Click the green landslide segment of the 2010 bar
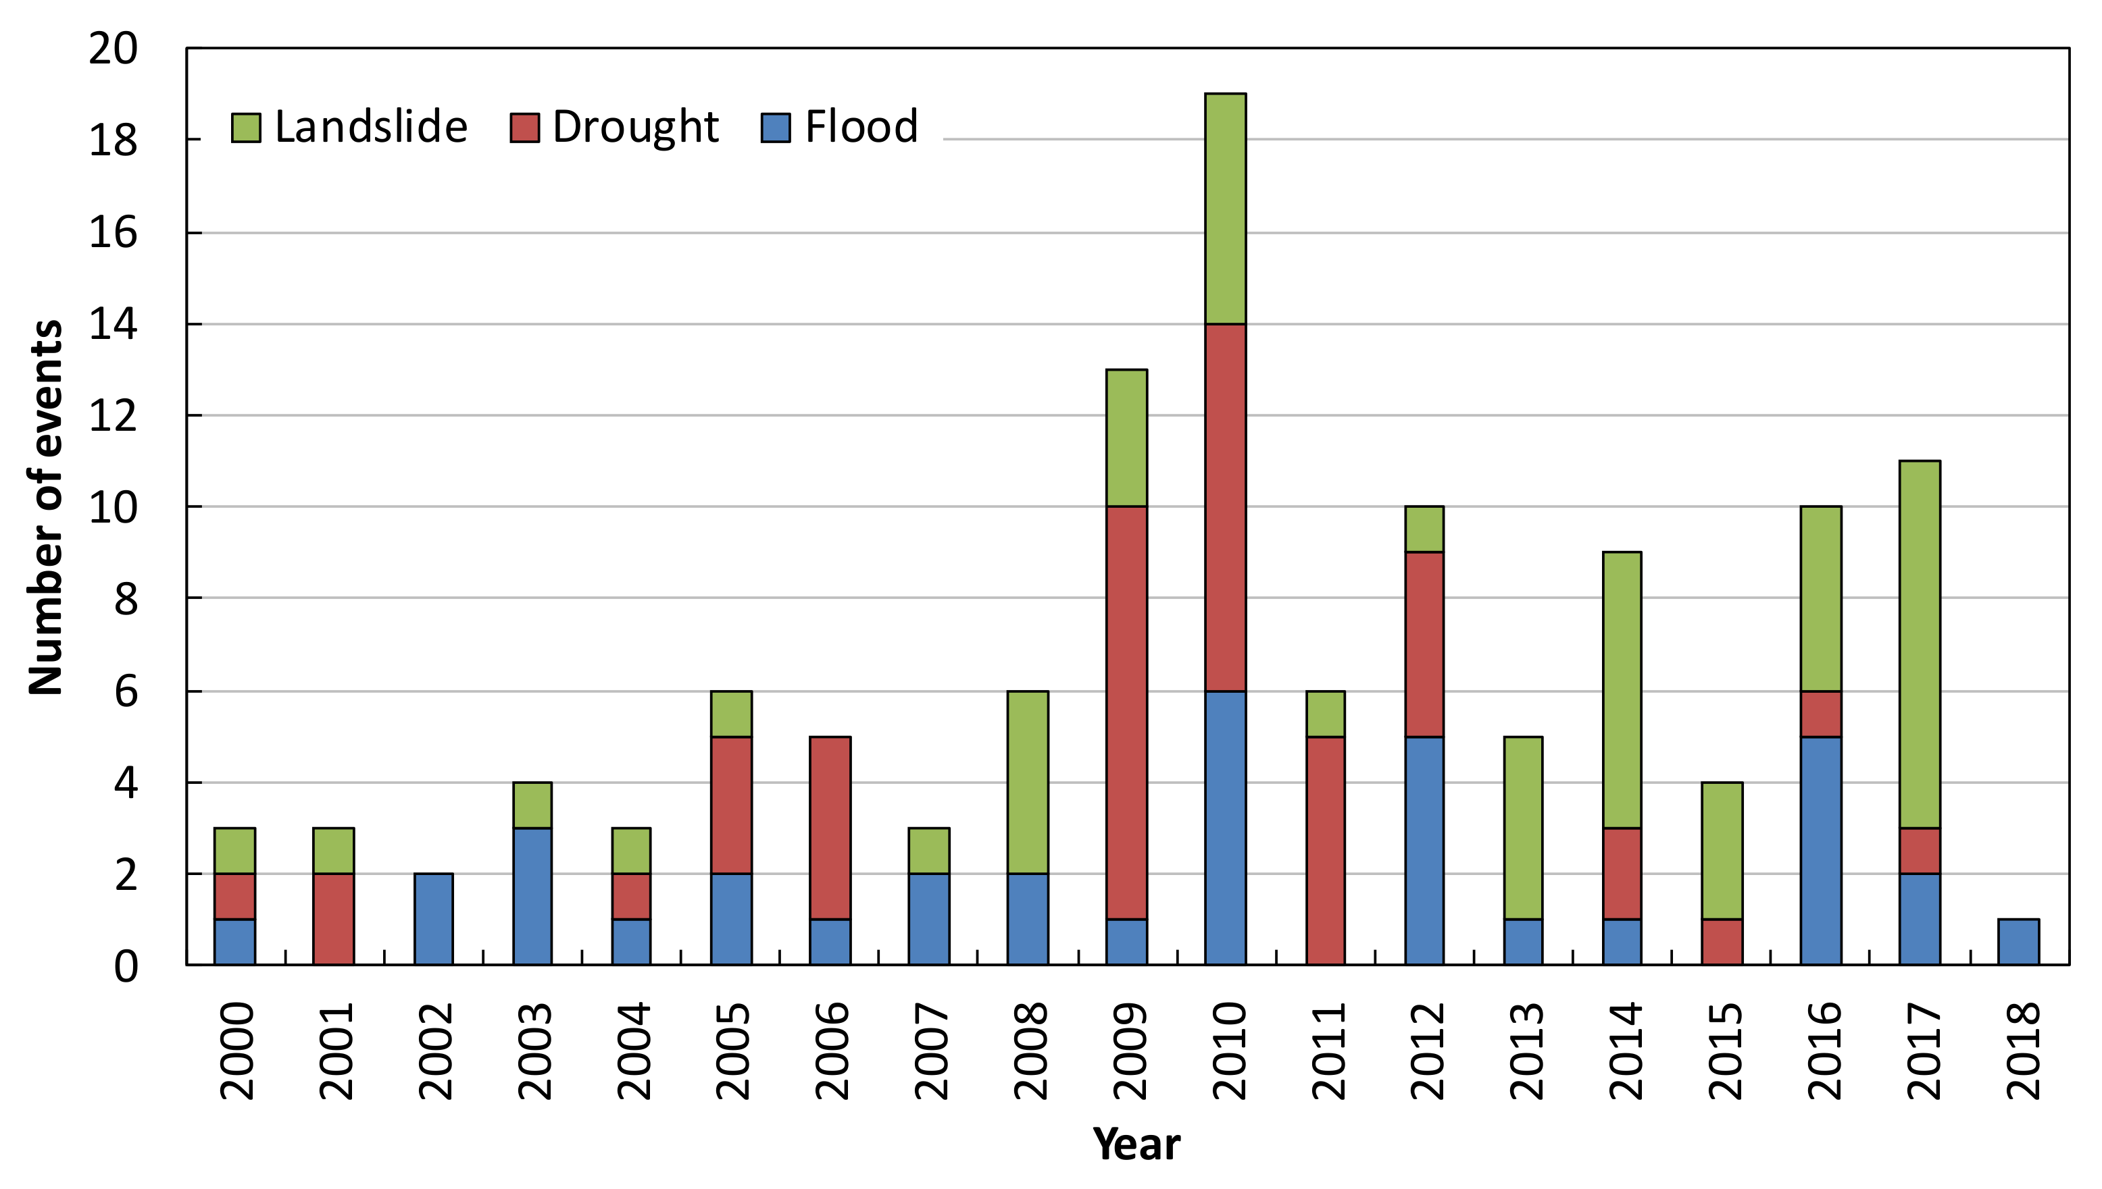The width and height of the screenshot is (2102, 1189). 1226,209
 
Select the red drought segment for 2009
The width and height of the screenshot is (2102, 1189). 1126,712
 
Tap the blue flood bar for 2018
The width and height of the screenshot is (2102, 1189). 2018,942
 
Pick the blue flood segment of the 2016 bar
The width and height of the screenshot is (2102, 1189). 1821,850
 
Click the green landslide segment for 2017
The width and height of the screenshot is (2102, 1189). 1920,644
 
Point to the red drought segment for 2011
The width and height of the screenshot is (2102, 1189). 1325,850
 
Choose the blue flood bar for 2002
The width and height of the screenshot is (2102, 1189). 433,919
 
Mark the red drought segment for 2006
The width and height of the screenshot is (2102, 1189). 830,827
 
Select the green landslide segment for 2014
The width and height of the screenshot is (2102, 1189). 1622,690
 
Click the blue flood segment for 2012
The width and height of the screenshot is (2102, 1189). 1424,850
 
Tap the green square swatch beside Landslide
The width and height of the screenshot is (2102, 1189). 246,128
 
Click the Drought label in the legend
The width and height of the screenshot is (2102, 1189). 636,128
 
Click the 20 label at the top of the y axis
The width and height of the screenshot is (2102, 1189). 113,49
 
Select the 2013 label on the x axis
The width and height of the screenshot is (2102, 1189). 1525,1052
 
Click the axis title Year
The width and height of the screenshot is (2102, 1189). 1136,1144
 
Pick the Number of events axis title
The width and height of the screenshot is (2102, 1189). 46,508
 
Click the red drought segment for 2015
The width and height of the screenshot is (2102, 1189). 1722,942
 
